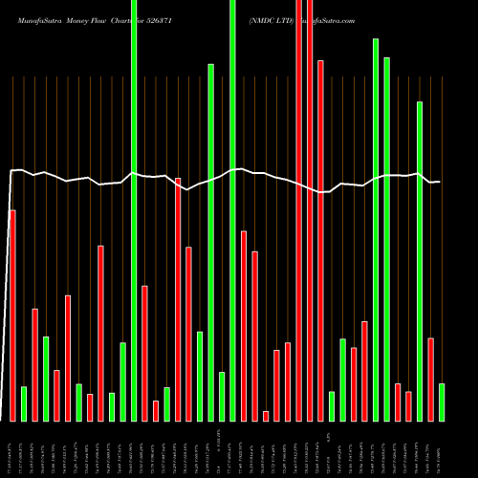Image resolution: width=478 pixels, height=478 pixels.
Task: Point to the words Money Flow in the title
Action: tap(104, 19)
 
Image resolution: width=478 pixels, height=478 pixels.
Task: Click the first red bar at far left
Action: tap(12, 315)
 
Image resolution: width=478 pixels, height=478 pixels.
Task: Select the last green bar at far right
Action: tap(442, 402)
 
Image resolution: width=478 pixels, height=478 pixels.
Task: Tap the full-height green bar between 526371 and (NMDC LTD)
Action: tap(232, 210)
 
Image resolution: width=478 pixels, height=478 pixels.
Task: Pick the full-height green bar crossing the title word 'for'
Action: tap(134, 210)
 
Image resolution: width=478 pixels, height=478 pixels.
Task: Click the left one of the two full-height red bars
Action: tap(299, 210)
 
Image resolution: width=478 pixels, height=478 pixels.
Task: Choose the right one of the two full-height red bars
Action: tap(310, 210)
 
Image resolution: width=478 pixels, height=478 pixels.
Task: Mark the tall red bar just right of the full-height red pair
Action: tap(320, 239)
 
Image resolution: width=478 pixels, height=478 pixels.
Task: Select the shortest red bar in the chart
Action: tap(266, 416)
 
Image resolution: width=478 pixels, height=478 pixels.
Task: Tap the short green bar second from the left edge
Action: tap(23, 403)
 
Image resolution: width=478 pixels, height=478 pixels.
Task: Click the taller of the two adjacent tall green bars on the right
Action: tap(376, 229)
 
